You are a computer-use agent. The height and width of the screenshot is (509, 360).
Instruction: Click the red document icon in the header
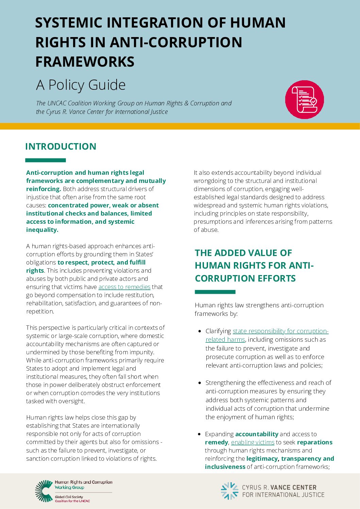[x=304, y=99]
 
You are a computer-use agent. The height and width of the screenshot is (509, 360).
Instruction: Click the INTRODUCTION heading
[x=61, y=147]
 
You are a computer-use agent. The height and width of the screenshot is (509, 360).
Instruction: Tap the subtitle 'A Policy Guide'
[x=81, y=85]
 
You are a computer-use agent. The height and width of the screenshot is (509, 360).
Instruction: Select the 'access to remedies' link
[x=124, y=287]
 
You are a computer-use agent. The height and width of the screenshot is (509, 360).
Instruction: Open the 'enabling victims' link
[x=253, y=442]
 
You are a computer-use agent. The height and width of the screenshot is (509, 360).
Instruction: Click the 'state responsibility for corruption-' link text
[x=280, y=331]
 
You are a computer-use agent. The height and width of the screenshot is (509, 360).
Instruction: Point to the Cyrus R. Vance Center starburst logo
[x=229, y=491]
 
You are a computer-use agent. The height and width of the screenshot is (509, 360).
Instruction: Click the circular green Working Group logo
[x=44, y=491]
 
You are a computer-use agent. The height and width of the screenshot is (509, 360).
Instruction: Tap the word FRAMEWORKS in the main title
[x=85, y=62]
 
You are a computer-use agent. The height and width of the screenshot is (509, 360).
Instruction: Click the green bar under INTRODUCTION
[x=45, y=160]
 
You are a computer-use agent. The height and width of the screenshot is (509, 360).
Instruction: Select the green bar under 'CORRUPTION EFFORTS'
[x=215, y=292]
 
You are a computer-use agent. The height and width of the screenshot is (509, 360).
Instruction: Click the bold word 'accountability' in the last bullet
[x=257, y=434]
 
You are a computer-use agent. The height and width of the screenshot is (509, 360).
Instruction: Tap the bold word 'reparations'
[x=314, y=442]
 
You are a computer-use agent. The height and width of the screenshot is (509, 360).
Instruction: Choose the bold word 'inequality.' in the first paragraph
[x=42, y=230]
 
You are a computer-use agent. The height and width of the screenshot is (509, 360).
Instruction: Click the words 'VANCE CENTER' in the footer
[x=293, y=488]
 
